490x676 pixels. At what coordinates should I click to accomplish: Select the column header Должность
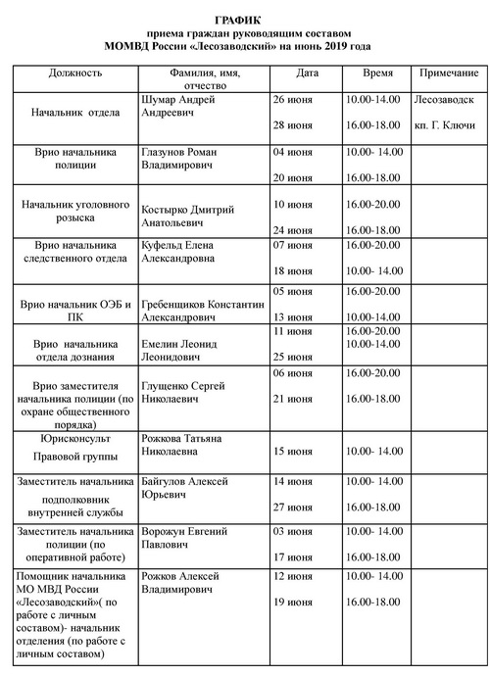pyautogui.click(x=74, y=73)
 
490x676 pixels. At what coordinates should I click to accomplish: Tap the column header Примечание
pyautogui.click(x=449, y=73)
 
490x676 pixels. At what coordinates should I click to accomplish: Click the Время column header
pyautogui.click(x=378, y=73)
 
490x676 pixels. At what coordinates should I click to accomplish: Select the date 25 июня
pyautogui.click(x=292, y=357)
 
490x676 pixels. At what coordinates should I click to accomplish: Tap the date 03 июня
pyautogui.click(x=292, y=530)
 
